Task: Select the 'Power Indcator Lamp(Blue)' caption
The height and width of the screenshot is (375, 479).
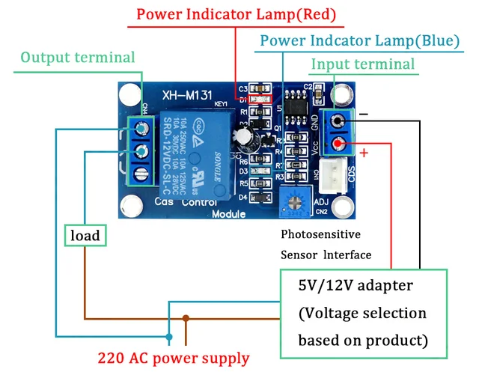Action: click(359, 40)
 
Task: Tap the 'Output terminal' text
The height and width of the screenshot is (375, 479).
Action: click(78, 58)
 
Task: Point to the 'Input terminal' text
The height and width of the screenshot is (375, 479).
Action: click(362, 64)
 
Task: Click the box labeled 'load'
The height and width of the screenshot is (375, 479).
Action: click(85, 236)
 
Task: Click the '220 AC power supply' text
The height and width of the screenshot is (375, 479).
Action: click(174, 358)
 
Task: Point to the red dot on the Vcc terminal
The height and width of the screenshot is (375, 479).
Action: click(340, 144)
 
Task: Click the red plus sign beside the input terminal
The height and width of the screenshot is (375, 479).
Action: click(364, 153)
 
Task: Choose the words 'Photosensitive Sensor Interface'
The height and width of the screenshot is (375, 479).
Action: click(326, 244)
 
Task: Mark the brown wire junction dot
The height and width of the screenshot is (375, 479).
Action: click(186, 318)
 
